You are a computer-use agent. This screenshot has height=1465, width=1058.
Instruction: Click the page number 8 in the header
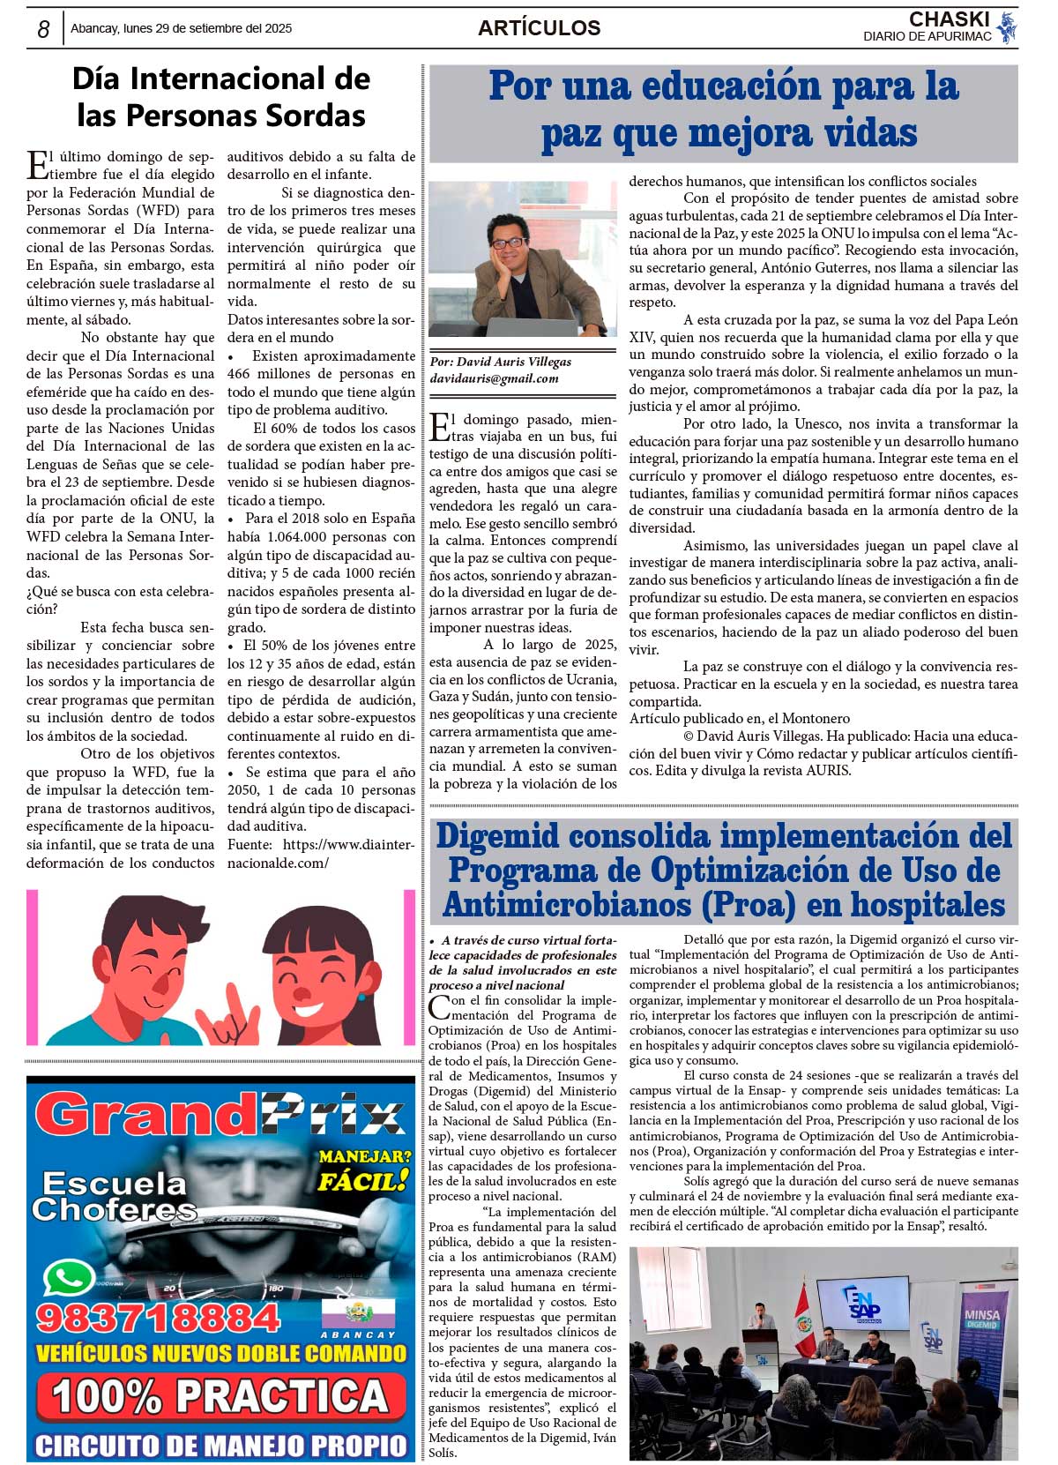[x=43, y=29]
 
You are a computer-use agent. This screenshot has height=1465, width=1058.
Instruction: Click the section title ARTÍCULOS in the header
[x=539, y=28]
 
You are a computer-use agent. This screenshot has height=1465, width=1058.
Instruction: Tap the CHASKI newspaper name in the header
[x=949, y=19]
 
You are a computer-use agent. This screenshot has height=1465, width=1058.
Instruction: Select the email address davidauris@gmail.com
[x=494, y=378]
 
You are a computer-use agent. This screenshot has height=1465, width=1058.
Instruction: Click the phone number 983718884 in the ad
[x=158, y=1318]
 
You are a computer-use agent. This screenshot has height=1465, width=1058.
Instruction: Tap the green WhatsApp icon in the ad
[x=69, y=1278]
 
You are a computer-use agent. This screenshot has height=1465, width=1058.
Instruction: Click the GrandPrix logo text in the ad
[x=220, y=1114]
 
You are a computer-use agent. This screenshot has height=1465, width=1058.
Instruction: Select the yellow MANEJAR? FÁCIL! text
[x=364, y=1169]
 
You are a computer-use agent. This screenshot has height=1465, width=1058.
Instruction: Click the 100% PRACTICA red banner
[x=220, y=1396]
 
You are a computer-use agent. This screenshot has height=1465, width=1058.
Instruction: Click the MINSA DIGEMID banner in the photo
[x=981, y=1319]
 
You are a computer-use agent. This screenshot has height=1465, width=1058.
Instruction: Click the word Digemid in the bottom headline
[x=498, y=835]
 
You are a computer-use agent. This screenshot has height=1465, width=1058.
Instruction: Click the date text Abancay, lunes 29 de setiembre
[x=181, y=28]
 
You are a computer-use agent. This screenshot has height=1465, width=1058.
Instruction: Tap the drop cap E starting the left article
[x=38, y=165]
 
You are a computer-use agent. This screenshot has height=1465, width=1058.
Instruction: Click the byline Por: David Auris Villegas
[x=500, y=362]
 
